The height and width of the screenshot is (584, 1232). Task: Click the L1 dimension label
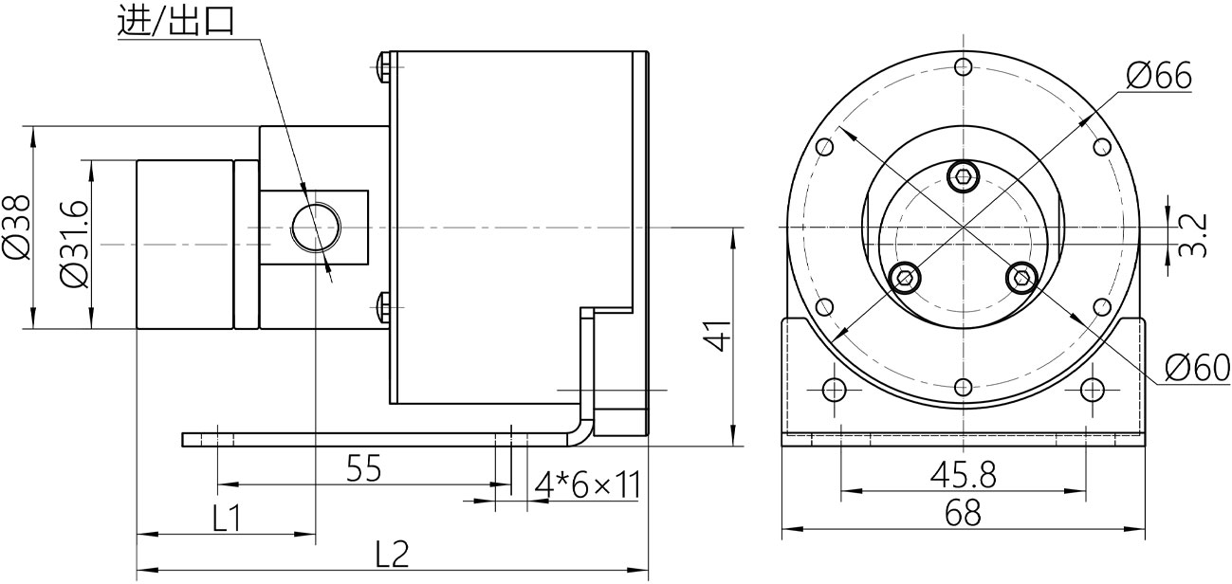(x=226, y=519)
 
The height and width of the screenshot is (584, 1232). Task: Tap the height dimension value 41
(x=719, y=336)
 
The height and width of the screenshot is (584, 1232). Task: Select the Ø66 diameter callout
(x=1159, y=75)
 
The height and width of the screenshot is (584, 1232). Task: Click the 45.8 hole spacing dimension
(x=962, y=474)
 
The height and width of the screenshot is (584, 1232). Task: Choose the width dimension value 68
(x=962, y=514)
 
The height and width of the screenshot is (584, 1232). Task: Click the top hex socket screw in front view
(x=963, y=174)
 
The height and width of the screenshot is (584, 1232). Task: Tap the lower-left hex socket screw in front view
(x=906, y=277)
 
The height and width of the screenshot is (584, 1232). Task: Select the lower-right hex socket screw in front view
(x=1021, y=277)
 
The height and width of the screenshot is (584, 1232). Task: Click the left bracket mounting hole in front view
(x=835, y=390)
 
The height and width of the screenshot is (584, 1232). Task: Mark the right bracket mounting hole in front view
(x=1093, y=390)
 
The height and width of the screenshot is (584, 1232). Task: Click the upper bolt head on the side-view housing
(x=382, y=65)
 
